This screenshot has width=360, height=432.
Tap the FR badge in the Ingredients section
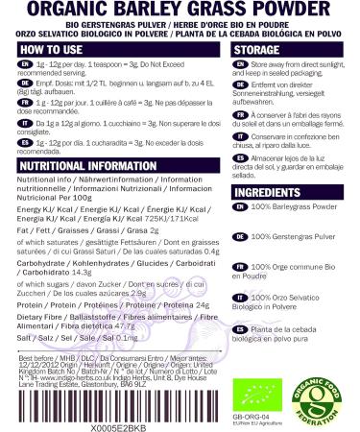coord(238,294)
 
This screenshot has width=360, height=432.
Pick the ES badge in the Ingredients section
coord(238,357)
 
